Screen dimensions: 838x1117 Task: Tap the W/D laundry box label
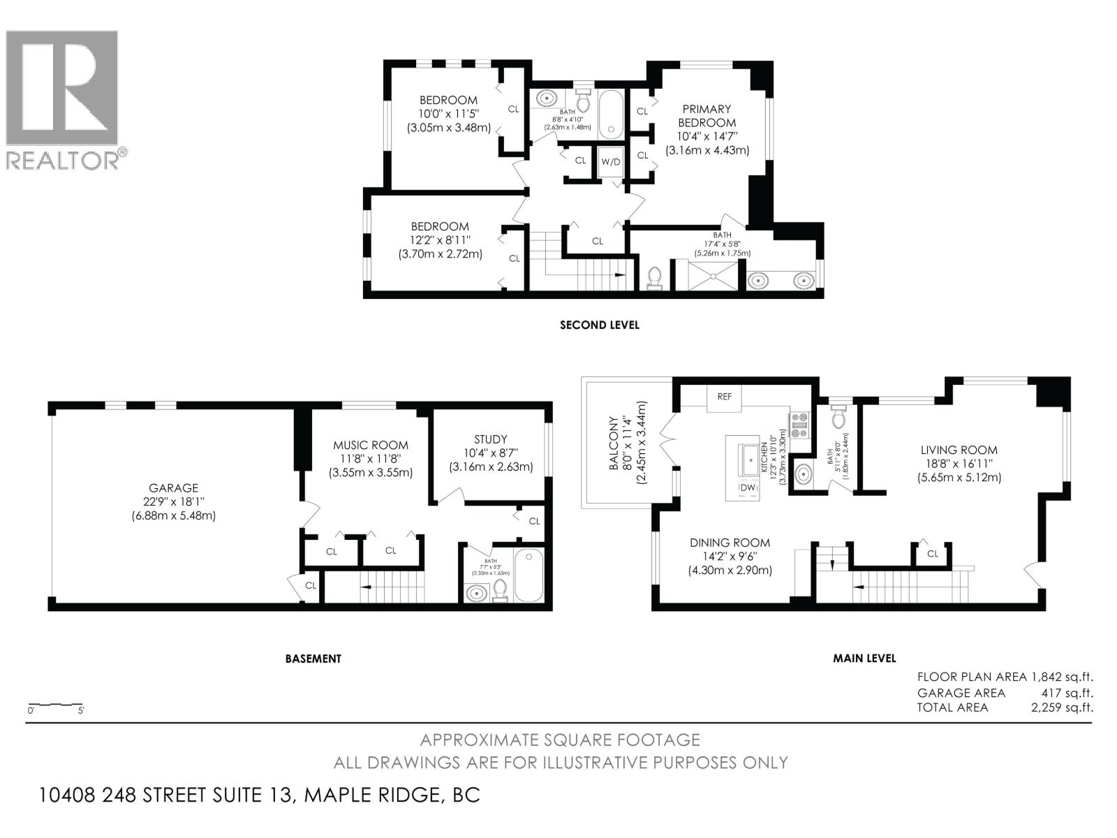[x=611, y=162]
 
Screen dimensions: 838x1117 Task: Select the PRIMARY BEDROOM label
[x=707, y=115]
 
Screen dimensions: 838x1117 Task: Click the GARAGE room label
[x=173, y=488]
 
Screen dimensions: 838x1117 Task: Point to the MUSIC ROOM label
[x=371, y=445]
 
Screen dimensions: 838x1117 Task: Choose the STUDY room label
[x=491, y=439]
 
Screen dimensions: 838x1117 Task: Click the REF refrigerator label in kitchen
[x=725, y=397]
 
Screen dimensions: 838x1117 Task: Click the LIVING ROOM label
[x=959, y=450]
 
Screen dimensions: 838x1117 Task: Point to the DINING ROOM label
[x=730, y=543]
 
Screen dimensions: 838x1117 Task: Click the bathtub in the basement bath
[x=528, y=575]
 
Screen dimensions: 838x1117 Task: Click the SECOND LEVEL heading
[x=600, y=325]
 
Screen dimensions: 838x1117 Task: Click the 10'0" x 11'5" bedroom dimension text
[x=448, y=114]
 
